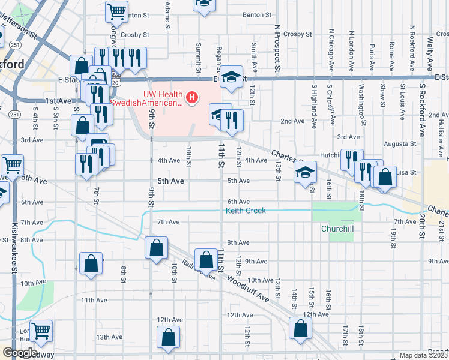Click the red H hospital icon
pyautogui.click(x=192, y=97)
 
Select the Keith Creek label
pyautogui.click(x=246, y=211)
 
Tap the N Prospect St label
pyautogui.click(x=277, y=48)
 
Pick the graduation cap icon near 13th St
pyautogui.click(x=306, y=173)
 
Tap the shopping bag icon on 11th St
pyautogui.click(x=206, y=260)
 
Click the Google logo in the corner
pyautogui.click(x=20, y=353)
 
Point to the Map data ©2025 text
pyautogui.click(x=424, y=355)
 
